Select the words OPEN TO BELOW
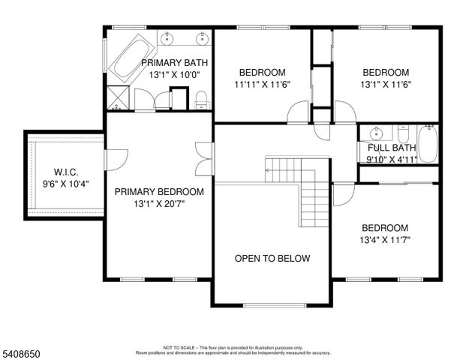272,259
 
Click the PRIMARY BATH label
174,63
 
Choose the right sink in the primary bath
200,38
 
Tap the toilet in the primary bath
202,95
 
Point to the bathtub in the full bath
428,144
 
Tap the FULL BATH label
391,148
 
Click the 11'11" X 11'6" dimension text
262,85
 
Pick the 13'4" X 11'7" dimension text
385,241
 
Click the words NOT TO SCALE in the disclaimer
179,348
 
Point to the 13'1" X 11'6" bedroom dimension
385,85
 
